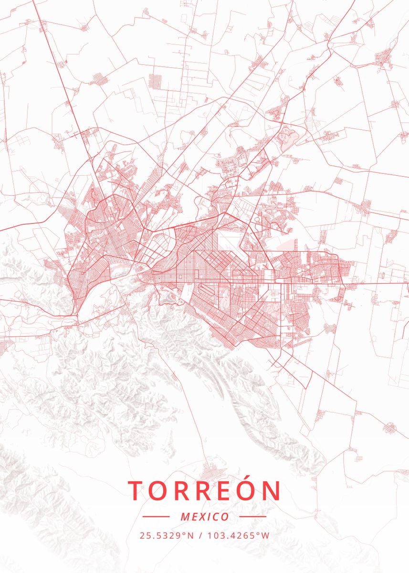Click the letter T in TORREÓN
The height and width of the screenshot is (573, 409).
pyautogui.click(x=136, y=490)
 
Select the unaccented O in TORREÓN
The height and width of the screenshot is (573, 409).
pyautogui.click(x=159, y=490)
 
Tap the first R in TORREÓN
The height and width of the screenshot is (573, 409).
pyautogui.click(x=183, y=490)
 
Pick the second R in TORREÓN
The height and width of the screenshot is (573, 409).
pyautogui.click(x=206, y=490)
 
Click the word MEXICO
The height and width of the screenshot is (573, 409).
pyautogui.click(x=205, y=517)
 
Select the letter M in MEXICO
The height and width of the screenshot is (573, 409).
pyautogui.click(x=185, y=517)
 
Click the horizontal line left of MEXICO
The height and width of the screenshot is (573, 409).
pyautogui.click(x=156, y=517)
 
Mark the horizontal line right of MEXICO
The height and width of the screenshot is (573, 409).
pyautogui.click(x=252, y=517)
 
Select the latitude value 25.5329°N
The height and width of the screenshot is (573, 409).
pyautogui.click(x=167, y=535)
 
